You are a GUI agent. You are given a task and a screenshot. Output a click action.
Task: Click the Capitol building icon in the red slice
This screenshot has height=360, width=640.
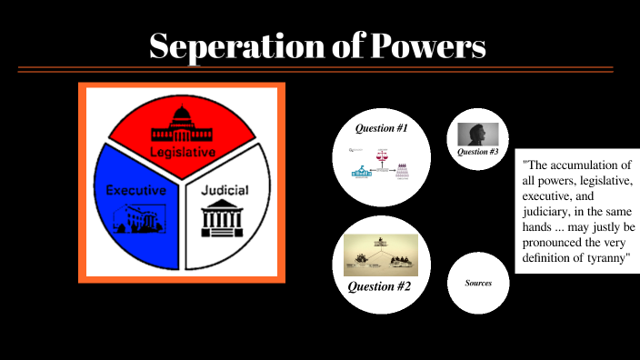coord(183,125)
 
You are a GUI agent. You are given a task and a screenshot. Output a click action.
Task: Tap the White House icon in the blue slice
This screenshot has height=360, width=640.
coord(137,217)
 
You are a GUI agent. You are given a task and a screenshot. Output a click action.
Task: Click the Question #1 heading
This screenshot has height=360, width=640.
coord(381,128)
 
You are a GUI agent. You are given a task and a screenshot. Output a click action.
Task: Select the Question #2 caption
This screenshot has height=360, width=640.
coord(381,287)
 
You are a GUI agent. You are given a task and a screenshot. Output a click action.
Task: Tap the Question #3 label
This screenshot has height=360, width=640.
coord(478,152)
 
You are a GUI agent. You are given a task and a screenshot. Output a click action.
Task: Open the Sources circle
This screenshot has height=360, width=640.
coord(478,283)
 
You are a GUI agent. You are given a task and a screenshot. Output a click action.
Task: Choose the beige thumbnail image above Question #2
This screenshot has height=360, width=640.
coord(381,255)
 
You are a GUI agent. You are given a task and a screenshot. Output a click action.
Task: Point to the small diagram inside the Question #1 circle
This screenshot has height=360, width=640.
coord(381,165)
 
